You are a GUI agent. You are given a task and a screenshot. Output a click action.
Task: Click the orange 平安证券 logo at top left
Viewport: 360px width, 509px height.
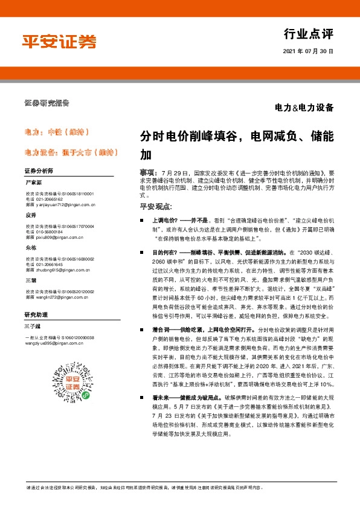[x=59, y=42]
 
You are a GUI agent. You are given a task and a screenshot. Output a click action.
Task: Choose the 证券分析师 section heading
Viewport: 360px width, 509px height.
[x=39, y=172]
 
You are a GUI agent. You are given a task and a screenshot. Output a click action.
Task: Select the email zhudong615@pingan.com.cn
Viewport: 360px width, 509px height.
[x=59, y=270]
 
